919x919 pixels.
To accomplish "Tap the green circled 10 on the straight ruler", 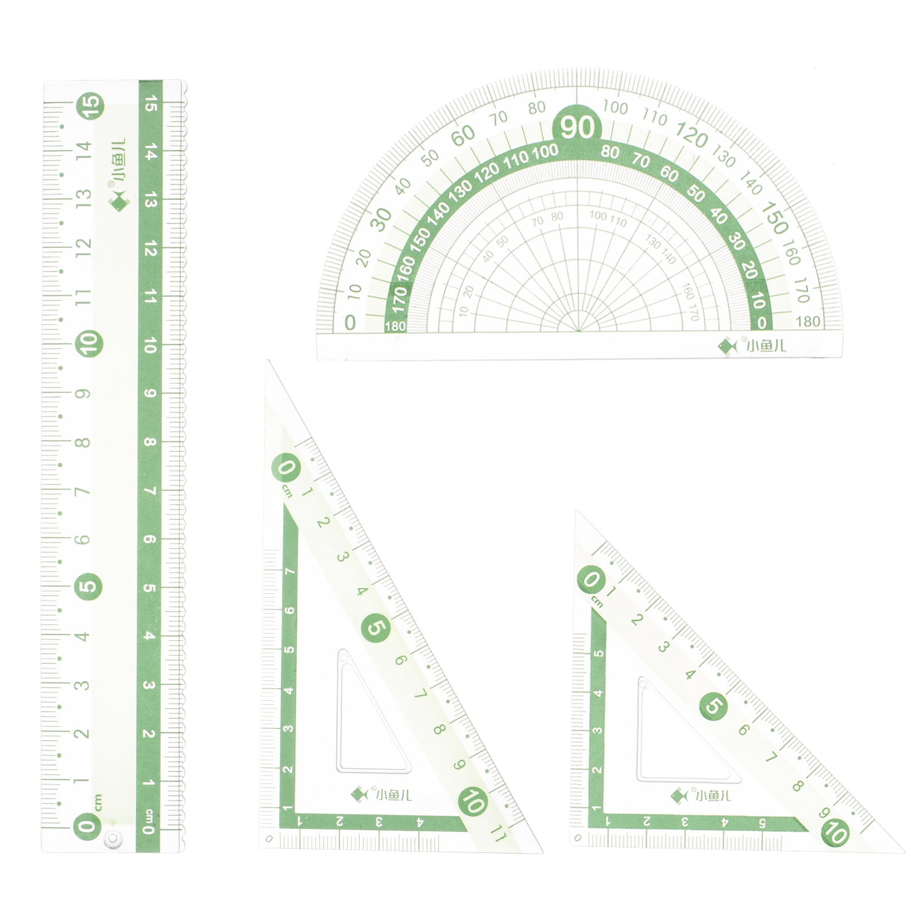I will click(90, 344).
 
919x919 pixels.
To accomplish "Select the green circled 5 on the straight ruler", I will click(89, 586).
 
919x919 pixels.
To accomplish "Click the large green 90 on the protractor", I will click(577, 127).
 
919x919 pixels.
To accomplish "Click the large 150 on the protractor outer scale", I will click(775, 219).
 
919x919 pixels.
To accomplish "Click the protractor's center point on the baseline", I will click(577, 332).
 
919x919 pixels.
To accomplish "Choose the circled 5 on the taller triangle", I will click(375, 627).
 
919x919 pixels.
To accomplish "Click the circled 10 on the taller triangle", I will click(473, 802).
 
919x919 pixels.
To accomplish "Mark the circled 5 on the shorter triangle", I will click(713, 706).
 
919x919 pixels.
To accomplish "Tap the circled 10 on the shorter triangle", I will click(835, 831).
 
